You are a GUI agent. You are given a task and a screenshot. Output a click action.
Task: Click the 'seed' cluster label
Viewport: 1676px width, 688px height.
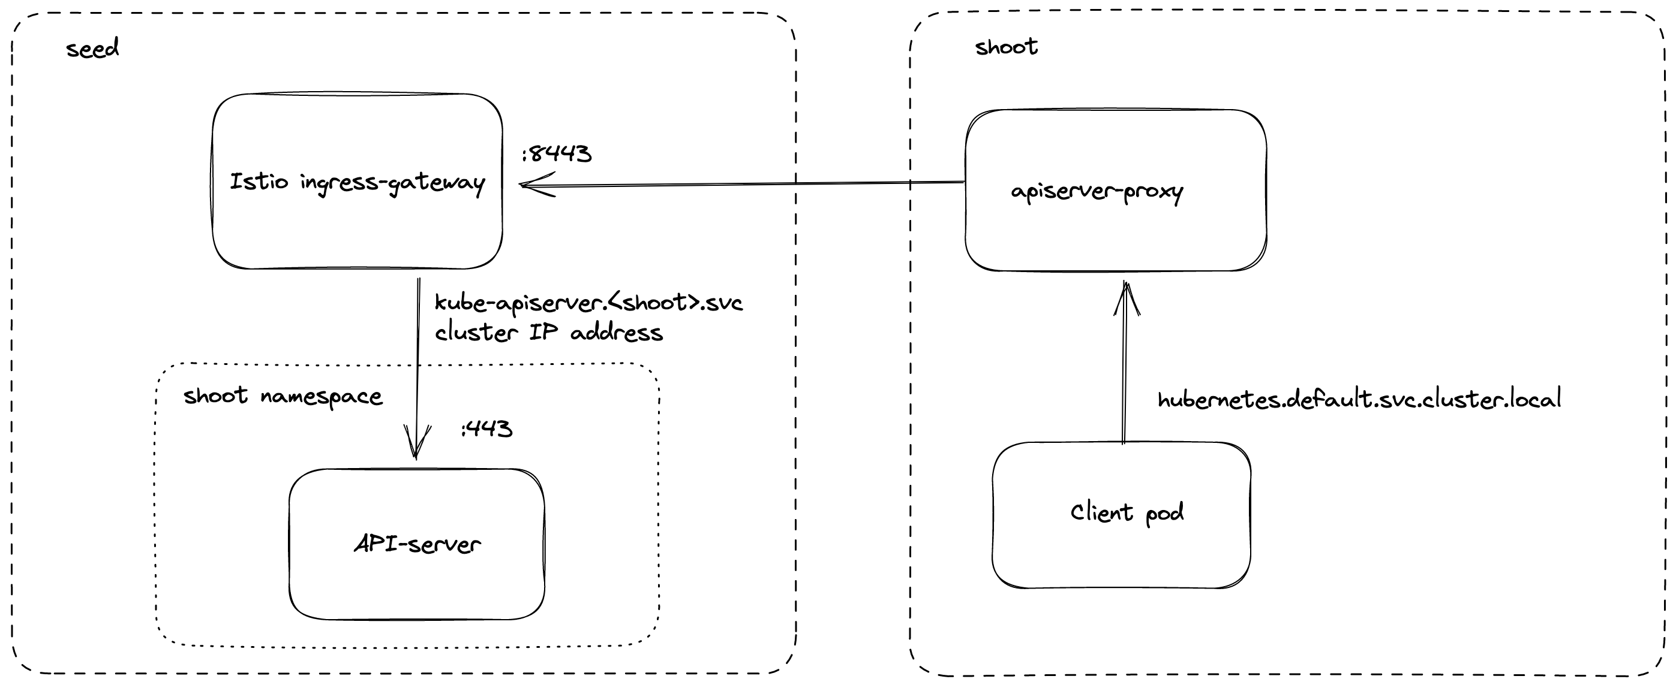pyautogui.click(x=92, y=49)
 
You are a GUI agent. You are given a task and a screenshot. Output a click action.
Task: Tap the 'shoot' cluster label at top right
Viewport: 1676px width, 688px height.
pyautogui.click(x=1005, y=47)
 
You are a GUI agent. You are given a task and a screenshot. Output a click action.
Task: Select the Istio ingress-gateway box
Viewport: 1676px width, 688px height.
pyautogui.click(x=357, y=215)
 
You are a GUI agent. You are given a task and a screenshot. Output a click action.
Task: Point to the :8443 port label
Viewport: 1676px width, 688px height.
pyautogui.click(x=556, y=154)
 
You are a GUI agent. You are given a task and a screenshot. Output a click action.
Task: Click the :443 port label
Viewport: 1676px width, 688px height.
pyautogui.click(x=486, y=429)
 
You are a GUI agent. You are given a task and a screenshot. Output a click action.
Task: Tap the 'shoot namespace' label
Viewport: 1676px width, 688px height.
pyautogui.click(x=283, y=396)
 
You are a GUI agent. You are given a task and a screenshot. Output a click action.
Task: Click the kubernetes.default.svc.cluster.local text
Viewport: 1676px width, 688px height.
pyautogui.click(x=1359, y=399)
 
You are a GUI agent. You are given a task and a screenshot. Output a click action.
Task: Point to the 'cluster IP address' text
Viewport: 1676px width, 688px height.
pyautogui.click(x=548, y=333)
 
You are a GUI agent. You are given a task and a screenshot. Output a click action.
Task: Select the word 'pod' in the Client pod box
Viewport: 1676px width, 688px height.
pyautogui.click(x=1164, y=513)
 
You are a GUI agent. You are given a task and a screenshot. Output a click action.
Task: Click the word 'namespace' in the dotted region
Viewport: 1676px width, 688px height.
pyautogui.click(x=322, y=397)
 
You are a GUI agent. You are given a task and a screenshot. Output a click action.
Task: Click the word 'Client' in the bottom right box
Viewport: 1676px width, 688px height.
pyautogui.click(x=1101, y=512)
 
